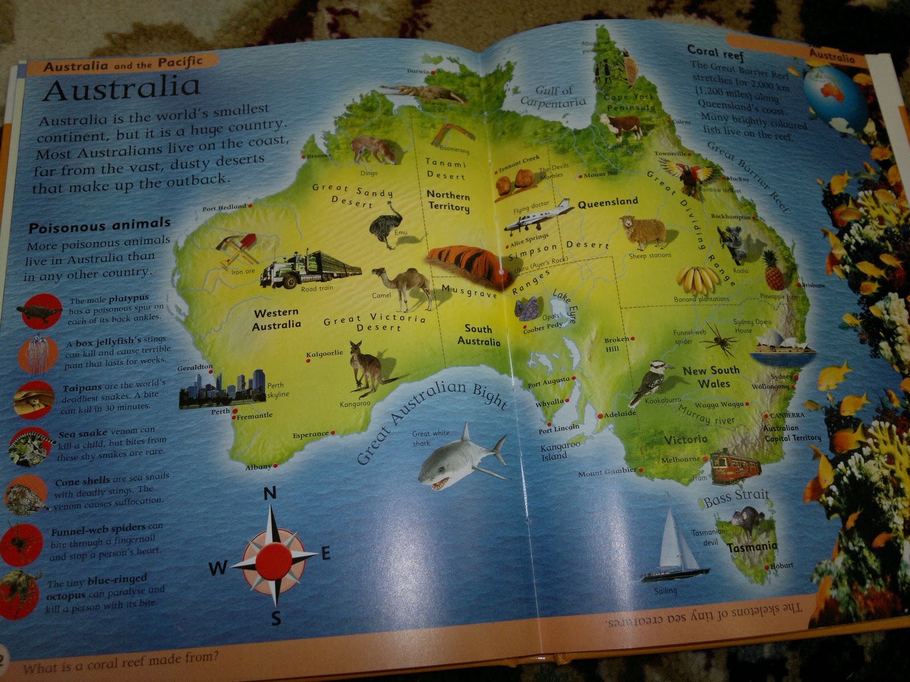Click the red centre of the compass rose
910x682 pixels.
point(274,560)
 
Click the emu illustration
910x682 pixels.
point(385,224)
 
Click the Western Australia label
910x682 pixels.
point(276,319)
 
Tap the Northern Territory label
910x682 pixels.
point(449,200)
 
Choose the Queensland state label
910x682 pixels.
point(607,202)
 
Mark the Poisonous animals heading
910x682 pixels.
point(100,226)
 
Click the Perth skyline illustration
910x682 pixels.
point(223,388)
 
